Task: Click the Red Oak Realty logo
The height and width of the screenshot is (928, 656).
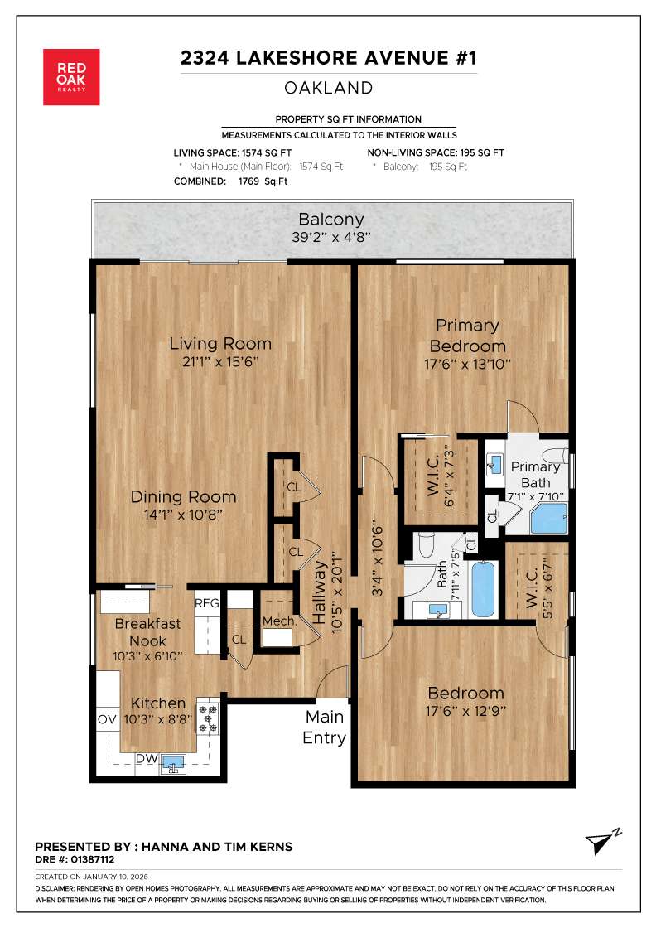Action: click(x=71, y=77)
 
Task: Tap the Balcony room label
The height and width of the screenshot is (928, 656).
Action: click(x=330, y=220)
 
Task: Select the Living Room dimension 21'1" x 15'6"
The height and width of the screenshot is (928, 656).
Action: click(x=220, y=362)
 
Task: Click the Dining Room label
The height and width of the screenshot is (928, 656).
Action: click(x=183, y=497)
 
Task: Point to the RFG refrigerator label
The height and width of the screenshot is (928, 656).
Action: click(x=207, y=603)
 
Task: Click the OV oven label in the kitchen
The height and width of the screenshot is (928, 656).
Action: click(x=107, y=718)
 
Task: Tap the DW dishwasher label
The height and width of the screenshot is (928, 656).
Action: click(x=146, y=758)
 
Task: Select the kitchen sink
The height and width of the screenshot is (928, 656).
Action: click(x=174, y=762)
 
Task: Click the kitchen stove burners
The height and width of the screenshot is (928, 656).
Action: click(x=208, y=718)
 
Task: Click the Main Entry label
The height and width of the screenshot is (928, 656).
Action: click(x=324, y=727)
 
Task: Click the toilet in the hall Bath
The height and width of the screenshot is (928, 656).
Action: click(x=425, y=545)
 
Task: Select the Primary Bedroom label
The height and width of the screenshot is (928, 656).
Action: click(x=467, y=336)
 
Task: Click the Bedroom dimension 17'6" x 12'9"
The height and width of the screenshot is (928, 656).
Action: click(x=465, y=711)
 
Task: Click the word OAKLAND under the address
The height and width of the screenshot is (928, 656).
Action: click(x=328, y=88)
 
